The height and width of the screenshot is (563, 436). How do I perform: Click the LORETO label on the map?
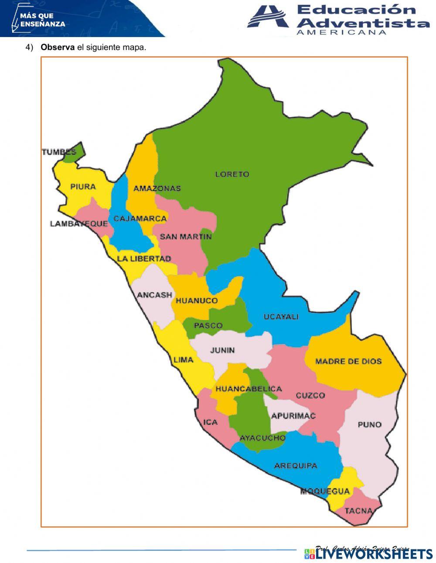click(232, 174)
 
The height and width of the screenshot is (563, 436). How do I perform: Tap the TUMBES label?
click(58, 152)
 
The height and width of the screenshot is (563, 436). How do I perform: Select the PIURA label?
click(83, 187)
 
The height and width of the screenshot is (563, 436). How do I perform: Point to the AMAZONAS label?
click(157, 188)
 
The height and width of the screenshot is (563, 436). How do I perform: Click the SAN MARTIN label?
click(185, 237)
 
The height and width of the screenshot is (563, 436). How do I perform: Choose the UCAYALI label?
click(281, 317)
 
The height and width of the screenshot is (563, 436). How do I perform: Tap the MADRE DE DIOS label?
click(348, 361)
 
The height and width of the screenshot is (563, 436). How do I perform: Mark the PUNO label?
click(369, 424)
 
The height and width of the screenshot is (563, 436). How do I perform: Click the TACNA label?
click(358, 511)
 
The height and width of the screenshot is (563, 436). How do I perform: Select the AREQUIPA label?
click(295, 465)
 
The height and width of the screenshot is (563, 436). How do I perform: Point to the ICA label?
click(210, 422)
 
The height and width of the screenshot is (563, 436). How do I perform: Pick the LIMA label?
click(183, 360)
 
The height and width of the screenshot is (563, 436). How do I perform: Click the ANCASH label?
click(154, 295)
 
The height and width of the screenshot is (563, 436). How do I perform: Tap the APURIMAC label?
click(293, 416)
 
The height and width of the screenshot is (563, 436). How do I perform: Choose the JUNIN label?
click(222, 350)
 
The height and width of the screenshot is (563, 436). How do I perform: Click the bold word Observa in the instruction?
click(58, 47)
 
